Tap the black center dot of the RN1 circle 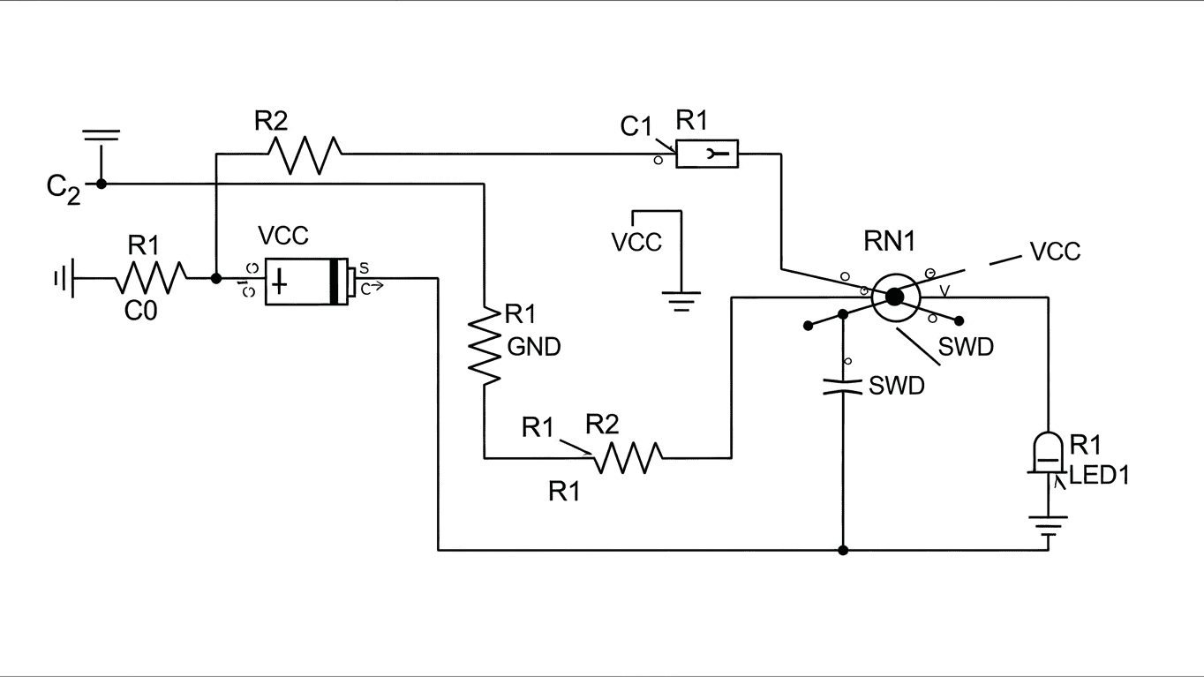coord(894,297)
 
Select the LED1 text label coord(1099,476)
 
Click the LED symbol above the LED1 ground coord(1048,452)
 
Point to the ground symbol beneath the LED coord(1048,528)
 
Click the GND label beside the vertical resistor coord(534,348)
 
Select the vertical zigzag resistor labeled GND coord(485,345)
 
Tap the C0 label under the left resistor coord(140,311)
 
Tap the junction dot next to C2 coord(102,184)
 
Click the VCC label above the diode coord(282,236)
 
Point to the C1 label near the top coord(636,127)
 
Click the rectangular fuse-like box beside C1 coord(707,155)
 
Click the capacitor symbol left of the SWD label coord(843,386)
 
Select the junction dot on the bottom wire coord(843,550)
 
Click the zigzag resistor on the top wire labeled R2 coord(303,154)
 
